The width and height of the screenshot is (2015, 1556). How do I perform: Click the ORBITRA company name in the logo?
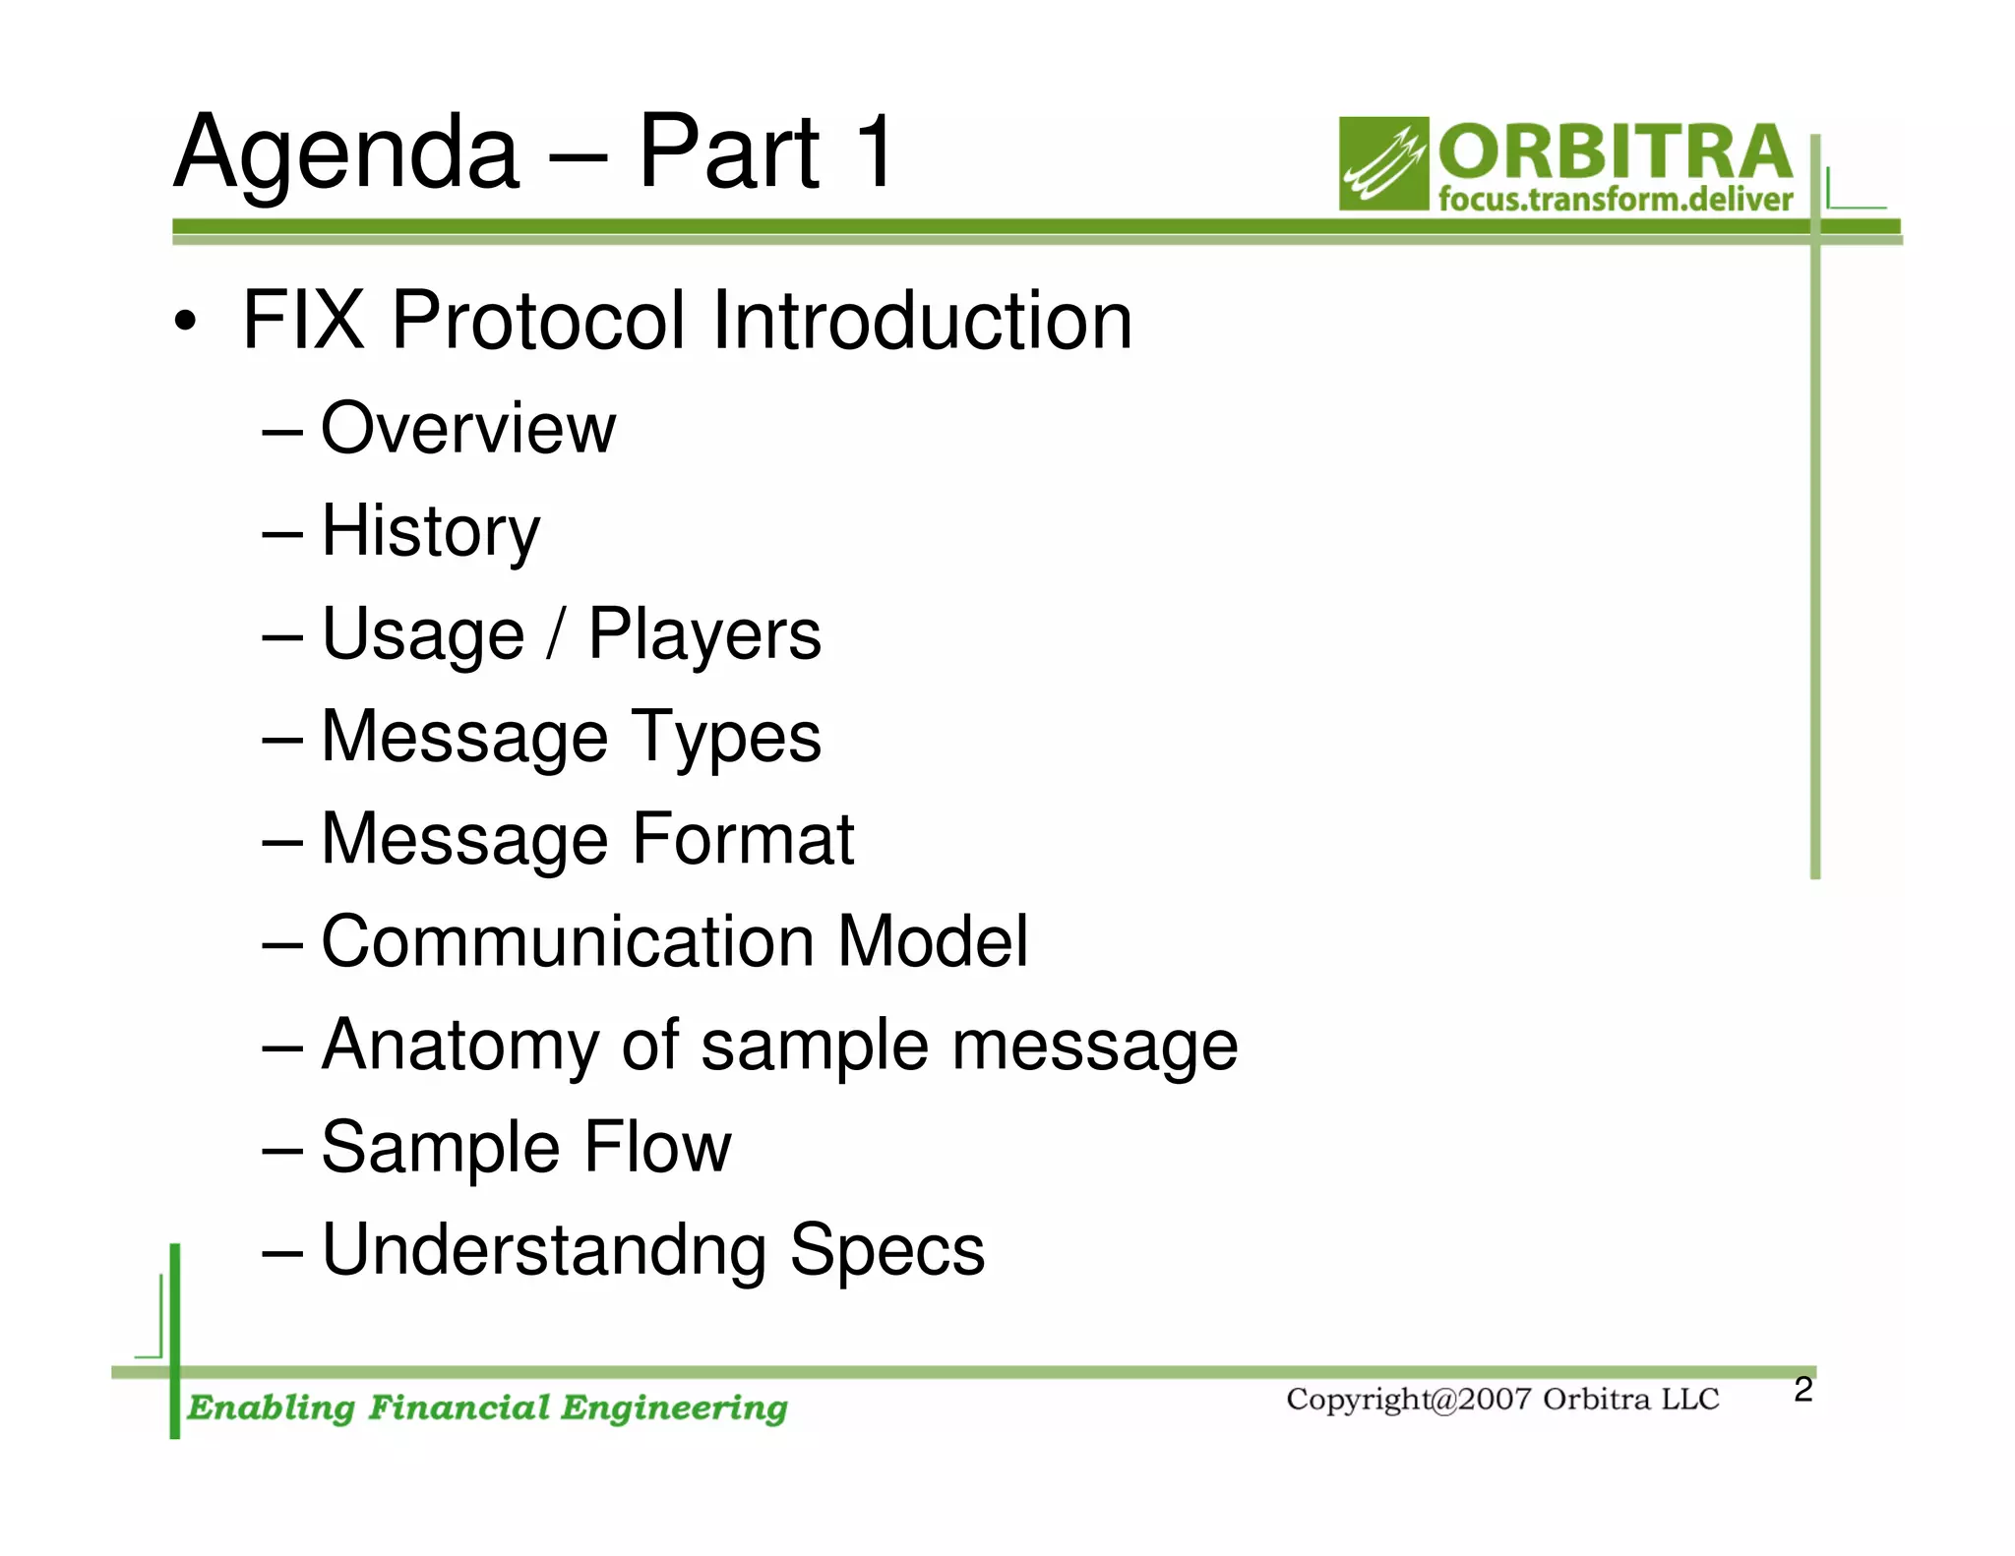[1615, 151]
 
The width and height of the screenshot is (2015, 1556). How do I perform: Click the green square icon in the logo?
[1382, 164]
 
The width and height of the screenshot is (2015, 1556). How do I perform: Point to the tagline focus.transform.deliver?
[1615, 200]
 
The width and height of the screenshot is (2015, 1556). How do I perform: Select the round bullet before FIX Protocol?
[185, 323]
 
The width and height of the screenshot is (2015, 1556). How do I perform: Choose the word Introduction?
[922, 321]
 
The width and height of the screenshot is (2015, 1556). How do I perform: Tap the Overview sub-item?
[468, 429]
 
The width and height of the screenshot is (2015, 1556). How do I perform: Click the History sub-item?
[431, 532]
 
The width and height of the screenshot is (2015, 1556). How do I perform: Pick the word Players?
[704, 634]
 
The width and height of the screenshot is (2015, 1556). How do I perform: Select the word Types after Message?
[725, 738]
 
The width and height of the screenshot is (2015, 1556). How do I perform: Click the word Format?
[743, 839]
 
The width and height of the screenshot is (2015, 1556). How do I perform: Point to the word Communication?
[567, 942]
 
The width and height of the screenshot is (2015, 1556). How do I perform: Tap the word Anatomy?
[459, 1045]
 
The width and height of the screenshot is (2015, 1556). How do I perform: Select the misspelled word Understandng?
[544, 1250]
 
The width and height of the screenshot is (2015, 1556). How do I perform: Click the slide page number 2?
[1802, 1390]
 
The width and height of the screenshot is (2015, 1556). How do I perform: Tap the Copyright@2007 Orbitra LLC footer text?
[1501, 1400]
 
